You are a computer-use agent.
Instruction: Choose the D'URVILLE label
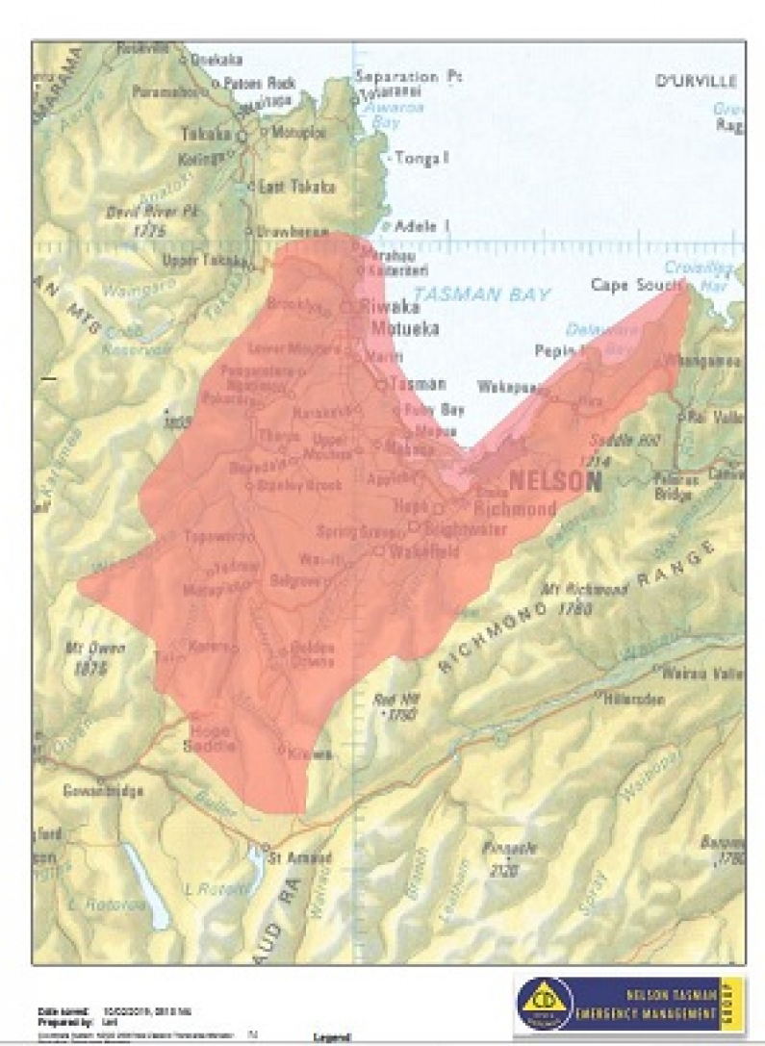coord(697,81)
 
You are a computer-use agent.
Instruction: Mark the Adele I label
coord(421,226)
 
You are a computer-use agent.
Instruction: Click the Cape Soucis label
coord(636,285)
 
